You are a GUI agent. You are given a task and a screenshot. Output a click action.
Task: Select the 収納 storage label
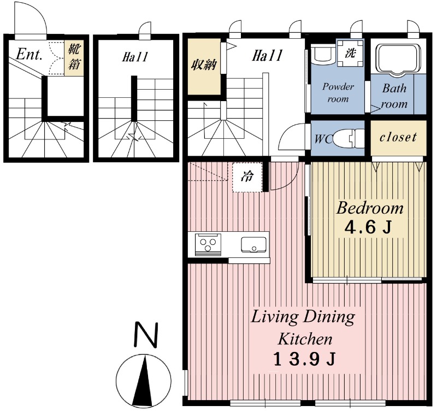tap(204, 64)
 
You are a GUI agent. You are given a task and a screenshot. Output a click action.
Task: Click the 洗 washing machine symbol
tap(350, 53)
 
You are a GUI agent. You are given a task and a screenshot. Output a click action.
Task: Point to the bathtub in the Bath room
tap(398, 59)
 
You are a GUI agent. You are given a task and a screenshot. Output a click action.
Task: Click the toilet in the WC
tap(349, 138)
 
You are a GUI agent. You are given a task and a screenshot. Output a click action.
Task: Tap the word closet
tap(398, 137)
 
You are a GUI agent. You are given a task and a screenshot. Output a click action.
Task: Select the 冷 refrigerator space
tap(247, 177)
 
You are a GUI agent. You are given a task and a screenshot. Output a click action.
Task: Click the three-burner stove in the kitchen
tap(208, 244)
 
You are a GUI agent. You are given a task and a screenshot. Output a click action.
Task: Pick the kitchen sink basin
tap(253, 244)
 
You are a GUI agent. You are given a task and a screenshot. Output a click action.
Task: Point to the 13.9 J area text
tap(304, 359)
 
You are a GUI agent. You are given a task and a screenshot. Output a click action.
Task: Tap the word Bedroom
tap(370, 208)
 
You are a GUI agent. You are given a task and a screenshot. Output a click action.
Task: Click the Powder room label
tap(338, 92)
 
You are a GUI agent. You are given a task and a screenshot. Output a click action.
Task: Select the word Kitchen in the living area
tap(305, 339)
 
